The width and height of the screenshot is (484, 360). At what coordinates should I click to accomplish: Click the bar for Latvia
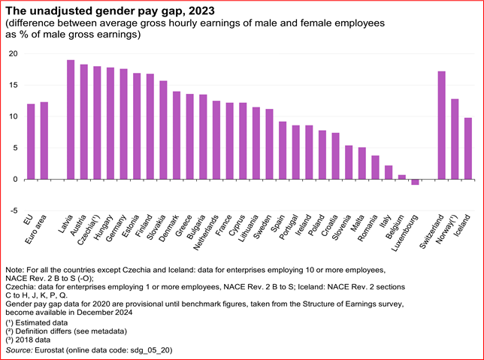[x=71, y=119]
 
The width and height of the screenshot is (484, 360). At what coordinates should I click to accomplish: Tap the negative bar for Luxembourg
[x=415, y=182]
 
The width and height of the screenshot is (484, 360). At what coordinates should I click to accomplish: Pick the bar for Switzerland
[x=441, y=126]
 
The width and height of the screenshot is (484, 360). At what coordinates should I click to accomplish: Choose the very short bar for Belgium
[x=401, y=177]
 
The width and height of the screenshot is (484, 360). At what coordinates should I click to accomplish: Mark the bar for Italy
[x=388, y=173]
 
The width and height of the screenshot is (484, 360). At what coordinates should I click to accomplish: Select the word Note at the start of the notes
[x=14, y=269]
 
